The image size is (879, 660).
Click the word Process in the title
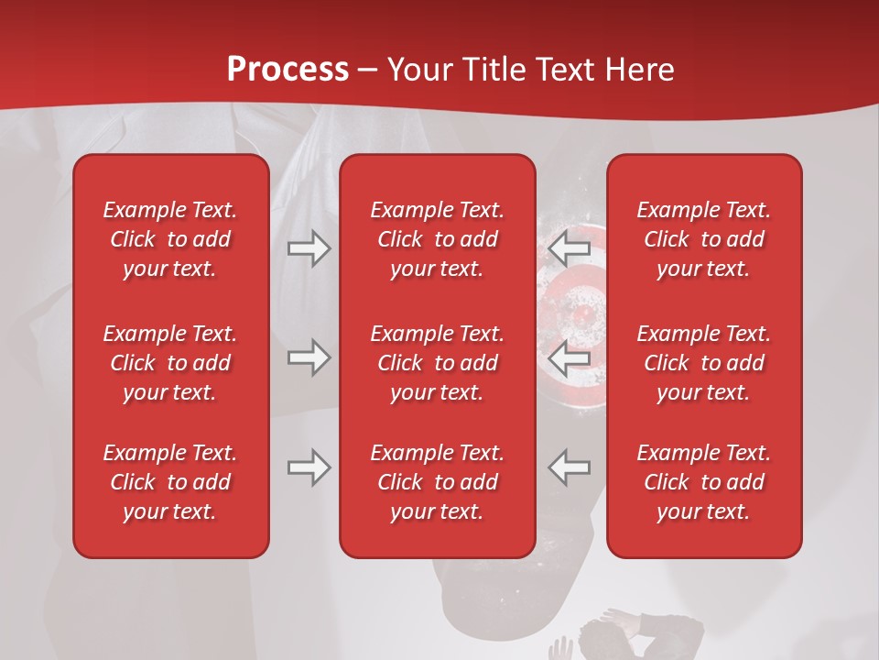(288, 70)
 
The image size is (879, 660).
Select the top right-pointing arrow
(309, 248)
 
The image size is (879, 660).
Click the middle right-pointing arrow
(309, 357)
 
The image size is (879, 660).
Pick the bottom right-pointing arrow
(309, 467)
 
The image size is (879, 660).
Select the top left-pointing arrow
(570, 248)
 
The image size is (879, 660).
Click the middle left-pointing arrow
(570, 357)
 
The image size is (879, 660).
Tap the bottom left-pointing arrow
(570, 467)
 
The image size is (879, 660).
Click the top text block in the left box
(170, 239)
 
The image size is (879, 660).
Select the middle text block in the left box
(170, 363)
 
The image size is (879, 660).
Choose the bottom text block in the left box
(170, 482)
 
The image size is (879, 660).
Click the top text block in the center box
(437, 239)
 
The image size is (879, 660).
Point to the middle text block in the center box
(437, 363)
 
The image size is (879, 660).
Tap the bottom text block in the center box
(437, 482)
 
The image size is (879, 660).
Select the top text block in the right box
(703, 239)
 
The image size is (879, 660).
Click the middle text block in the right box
(703, 363)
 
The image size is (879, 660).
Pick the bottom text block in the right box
(703, 482)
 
